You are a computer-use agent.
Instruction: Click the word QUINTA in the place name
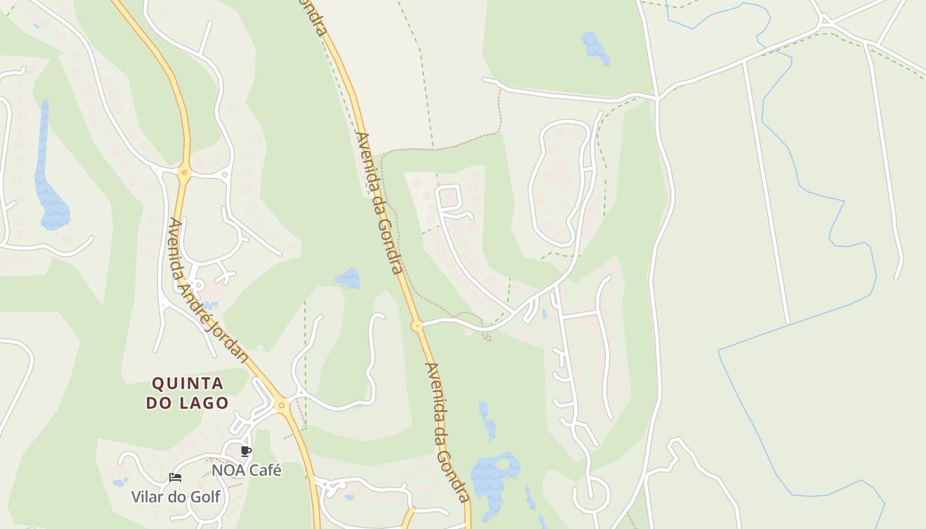[x=187, y=384]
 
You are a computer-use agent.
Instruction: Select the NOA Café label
[x=246, y=470]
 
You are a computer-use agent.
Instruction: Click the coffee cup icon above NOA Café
[x=246, y=452]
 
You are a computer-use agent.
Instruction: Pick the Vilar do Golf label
[x=175, y=497]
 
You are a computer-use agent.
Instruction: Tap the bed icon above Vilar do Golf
[x=175, y=477]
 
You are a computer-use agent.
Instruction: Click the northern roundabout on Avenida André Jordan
[x=185, y=173]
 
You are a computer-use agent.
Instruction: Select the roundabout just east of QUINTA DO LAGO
[x=282, y=405]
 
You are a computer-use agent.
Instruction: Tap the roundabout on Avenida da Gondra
[x=417, y=325]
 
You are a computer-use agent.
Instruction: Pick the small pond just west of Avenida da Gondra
[x=348, y=278]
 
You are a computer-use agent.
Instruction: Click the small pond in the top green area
[x=594, y=47]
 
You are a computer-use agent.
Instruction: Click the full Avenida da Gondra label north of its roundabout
[x=379, y=202]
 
